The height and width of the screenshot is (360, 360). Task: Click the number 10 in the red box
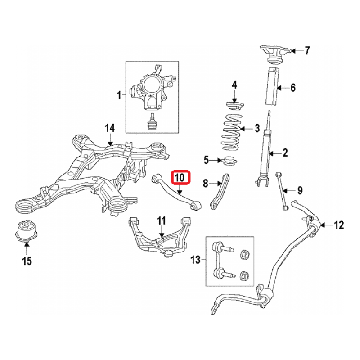(x=180, y=178)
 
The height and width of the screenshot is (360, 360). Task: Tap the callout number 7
(x=307, y=50)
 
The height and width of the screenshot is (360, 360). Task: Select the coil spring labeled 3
(x=232, y=132)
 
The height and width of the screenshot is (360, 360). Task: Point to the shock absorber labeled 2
(x=264, y=149)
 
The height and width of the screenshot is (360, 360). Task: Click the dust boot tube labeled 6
(x=273, y=86)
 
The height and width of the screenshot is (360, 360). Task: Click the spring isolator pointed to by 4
(x=235, y=106)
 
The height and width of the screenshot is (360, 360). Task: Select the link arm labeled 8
(x=220, y=192)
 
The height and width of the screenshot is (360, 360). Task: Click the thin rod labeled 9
(x=282, y=190)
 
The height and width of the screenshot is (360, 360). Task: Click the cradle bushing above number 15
(x=26, y=231)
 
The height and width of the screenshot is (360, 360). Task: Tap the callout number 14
(x=110, y=128)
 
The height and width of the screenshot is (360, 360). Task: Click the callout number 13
(x=196, y=260)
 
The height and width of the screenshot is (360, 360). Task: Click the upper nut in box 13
(x=245, y=255)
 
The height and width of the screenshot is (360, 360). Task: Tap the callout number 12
(x=339, y=225)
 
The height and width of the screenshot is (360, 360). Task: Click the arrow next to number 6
(x=283, y=88)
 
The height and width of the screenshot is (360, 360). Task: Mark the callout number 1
(x=119, y=95)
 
